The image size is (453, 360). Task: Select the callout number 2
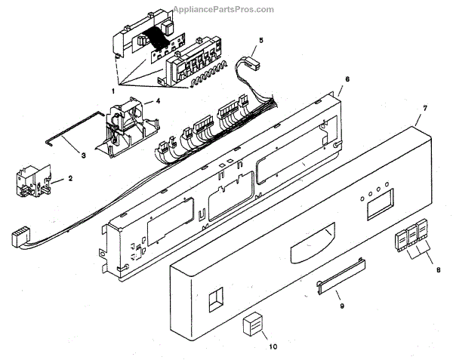[70, 179]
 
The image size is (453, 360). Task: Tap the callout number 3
[84, 155]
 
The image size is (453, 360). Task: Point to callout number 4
[147, 100]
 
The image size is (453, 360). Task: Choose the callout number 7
[425, 108]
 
